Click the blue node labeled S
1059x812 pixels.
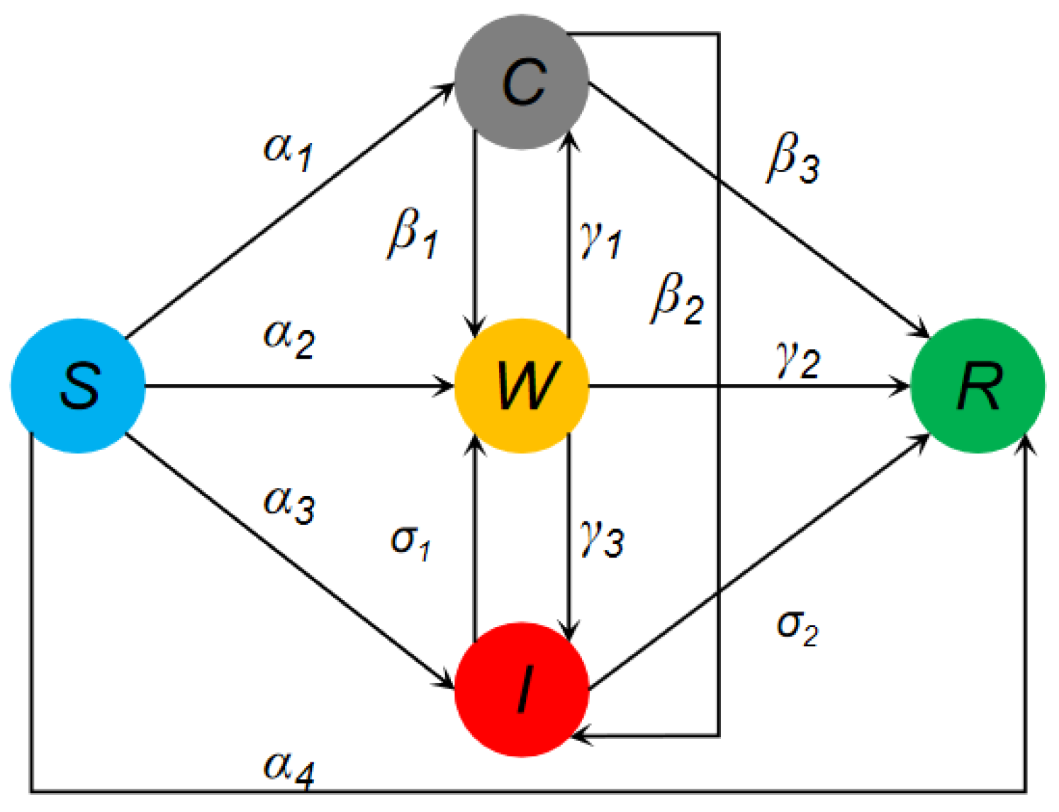pos(78,386)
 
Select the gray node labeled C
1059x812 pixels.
pos(522,81)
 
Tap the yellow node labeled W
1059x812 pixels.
pos(522,386)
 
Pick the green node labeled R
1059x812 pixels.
pos(977,386)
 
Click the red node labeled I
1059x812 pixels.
pos(522,689)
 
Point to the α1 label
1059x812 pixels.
pos(288,151)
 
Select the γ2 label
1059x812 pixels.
pos(798,360)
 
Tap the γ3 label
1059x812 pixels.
pos(602,538)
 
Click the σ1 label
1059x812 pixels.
pos(410,542)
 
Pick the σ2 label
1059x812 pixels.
pos(798,626)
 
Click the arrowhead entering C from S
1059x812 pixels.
pos(447,89)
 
